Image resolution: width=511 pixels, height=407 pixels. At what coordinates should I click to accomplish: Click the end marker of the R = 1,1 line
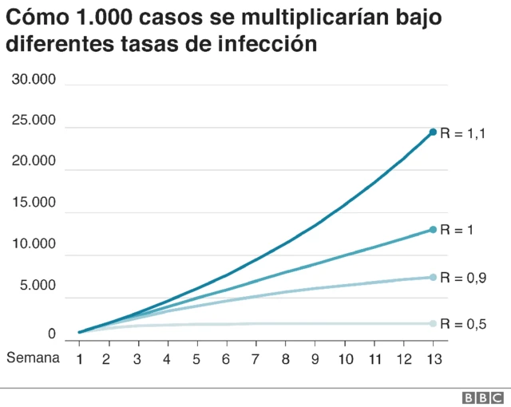(433, 132)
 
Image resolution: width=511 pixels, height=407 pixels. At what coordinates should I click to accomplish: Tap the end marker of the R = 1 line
(433, 230)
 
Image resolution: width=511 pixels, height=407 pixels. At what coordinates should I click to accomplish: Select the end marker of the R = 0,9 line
(433, 278)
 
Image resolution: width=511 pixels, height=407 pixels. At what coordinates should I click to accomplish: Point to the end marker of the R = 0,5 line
(433, 323)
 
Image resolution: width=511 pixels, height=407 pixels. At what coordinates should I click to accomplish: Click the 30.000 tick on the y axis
(33, 79)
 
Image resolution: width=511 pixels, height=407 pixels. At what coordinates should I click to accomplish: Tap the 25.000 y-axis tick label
(33, 121)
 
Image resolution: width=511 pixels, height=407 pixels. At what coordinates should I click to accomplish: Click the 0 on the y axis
(51, 334)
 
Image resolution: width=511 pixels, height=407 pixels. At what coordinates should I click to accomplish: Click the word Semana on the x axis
(33, 358)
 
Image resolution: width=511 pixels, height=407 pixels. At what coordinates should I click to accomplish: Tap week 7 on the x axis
(256, 358)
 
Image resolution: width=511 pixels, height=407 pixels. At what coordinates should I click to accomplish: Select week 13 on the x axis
(433, 358)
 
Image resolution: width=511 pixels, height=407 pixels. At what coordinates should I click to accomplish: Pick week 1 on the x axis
(80, 358)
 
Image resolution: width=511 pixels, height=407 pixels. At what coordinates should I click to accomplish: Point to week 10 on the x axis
(344, 358)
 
